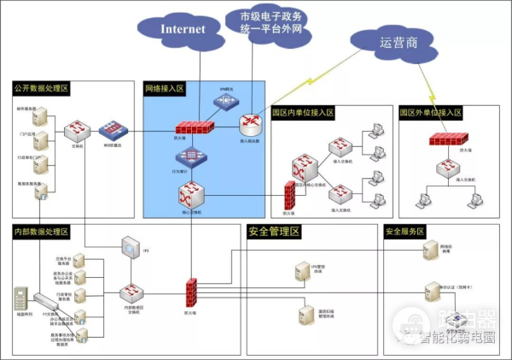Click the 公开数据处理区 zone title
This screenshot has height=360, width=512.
coord(41,88)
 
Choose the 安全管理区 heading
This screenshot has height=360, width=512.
coord(274,232)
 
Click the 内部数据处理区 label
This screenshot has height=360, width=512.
coord(41,232)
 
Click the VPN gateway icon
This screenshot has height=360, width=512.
coord(225,101)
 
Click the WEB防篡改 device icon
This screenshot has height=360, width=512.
coord(111,130)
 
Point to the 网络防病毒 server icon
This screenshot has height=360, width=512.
coord(432,249)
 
